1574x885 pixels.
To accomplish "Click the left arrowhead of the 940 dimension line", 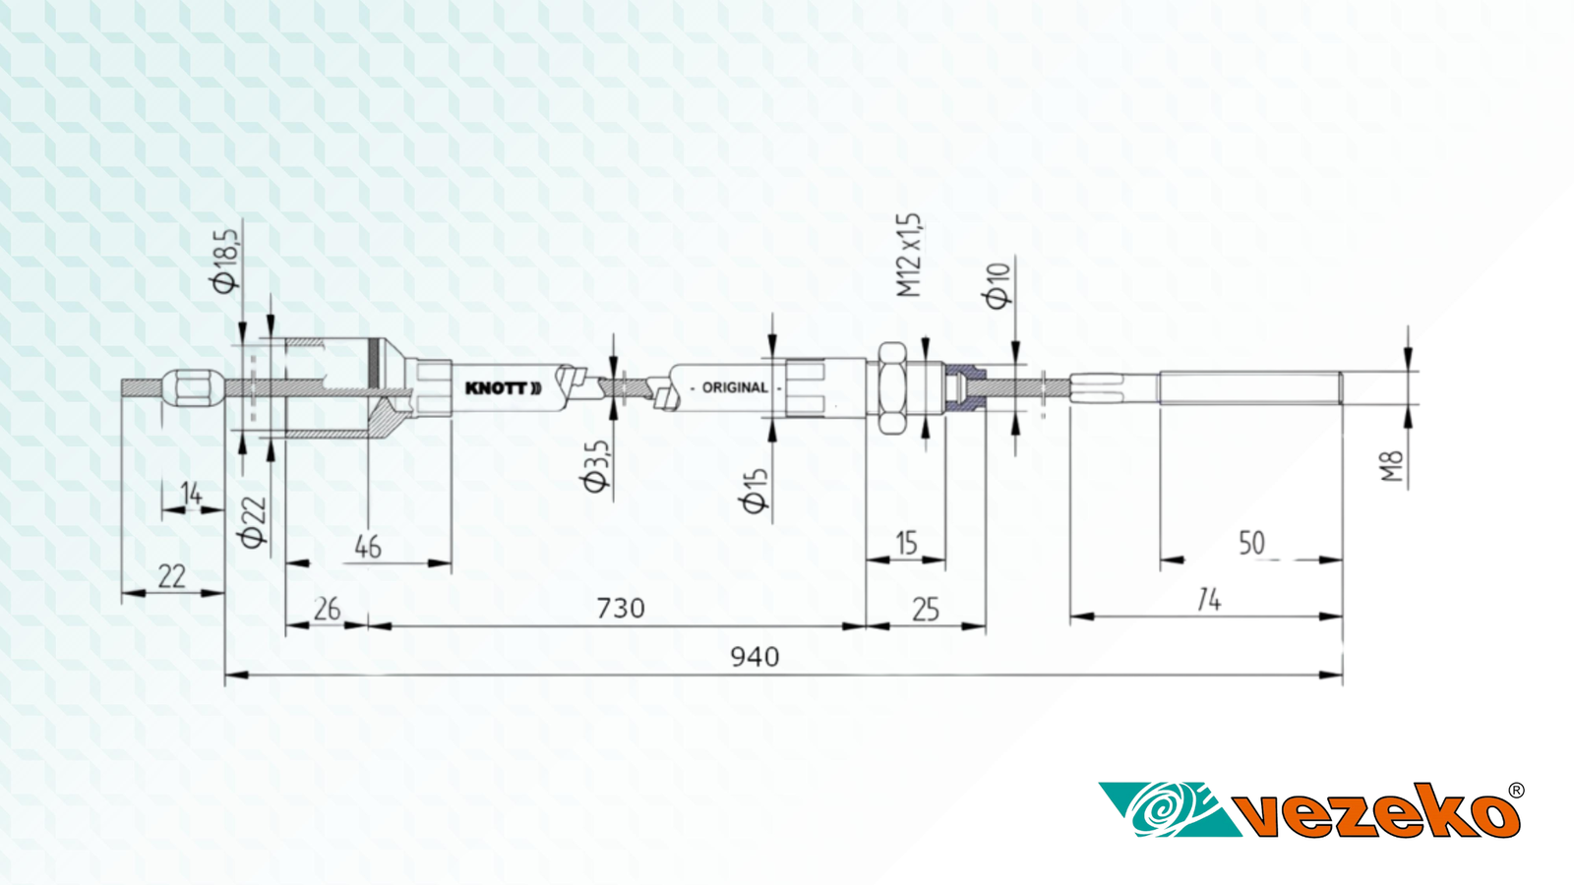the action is [x=236, y=675].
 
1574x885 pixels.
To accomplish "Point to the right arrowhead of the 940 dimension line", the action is [x=1331, y=675].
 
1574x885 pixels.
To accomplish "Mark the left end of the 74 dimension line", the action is [x=1070, y=617].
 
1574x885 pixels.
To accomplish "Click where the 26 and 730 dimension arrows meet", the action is [x=368, y=625].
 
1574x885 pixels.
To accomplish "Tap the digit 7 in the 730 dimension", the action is [x=604, y=609].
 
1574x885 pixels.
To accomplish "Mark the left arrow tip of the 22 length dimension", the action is [x=122, y=594].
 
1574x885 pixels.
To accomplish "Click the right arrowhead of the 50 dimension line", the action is [x=1331, y=560].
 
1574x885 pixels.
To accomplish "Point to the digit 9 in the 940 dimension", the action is [x=738, y=658].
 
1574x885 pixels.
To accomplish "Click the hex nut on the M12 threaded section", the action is [x=892, y=387].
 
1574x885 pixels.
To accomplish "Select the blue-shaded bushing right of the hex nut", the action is [x=965, y=387].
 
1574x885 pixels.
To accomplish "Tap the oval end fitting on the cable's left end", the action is [x=193, y=387].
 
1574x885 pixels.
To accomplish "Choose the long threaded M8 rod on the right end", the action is [x=1250, y=387].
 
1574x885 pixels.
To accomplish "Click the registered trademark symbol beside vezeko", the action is [x=1516, y=791].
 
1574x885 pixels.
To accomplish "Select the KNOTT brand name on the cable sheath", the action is [x=503, y=388].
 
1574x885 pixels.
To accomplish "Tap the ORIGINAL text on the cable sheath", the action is [x=735, y=387].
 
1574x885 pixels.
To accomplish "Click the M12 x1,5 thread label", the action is [x=909, y=255].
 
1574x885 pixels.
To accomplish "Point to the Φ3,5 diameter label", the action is [x=595, y=466].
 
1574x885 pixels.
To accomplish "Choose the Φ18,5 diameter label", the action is [x=226, y=261].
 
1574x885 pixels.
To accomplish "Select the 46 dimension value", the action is [x=368, y=547].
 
